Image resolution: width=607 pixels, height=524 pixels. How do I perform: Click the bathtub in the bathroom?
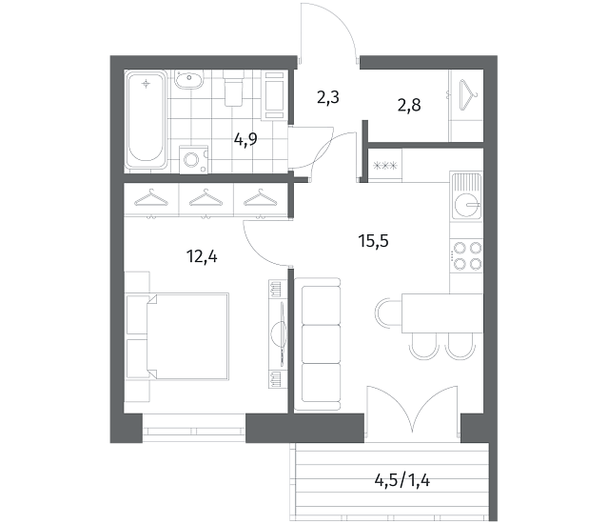coord(146,120)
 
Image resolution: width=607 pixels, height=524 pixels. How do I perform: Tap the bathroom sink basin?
coord(189,80)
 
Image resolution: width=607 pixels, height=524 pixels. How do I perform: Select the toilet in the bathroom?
coord(233,88)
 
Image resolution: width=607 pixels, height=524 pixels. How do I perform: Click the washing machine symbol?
coord(193,159)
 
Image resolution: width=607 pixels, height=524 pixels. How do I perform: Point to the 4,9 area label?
coord(245,139)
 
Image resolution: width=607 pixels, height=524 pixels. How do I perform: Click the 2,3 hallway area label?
coord(328,97)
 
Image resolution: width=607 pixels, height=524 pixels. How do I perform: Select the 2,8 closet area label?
coord(409,105)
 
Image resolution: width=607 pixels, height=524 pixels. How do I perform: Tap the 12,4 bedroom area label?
coord(202,255)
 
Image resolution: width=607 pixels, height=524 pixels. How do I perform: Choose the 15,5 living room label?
coord(373,241)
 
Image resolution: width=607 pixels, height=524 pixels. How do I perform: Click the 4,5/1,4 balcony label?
coord(402,480)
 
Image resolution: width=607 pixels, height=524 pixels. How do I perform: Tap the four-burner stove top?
coord(466,255)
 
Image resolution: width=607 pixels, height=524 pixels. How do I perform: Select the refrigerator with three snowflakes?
coord(384,166)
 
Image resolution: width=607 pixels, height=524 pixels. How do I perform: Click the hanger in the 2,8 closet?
coord(468,95)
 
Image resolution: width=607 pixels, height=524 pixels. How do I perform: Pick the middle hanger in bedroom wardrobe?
coord(206,197)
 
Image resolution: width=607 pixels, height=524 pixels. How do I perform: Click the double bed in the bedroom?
coord(187,336)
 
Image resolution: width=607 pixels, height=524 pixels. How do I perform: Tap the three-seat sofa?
coord(318,344)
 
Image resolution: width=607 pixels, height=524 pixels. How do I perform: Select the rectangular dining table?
coord(442,313)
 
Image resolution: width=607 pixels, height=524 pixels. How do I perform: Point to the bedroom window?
coord(194,431)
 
